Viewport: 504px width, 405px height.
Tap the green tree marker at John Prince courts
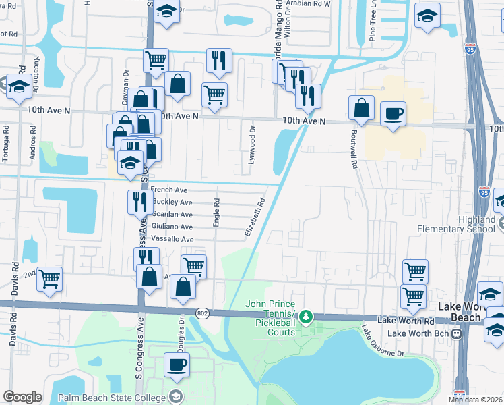point(307,316)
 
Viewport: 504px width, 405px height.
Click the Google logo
point(22,397)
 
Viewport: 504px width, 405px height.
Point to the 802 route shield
point(202,313)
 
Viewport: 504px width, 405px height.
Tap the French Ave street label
point(169,190)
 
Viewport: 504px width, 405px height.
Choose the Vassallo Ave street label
point(172,239)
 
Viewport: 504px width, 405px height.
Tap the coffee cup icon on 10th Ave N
point(393,113)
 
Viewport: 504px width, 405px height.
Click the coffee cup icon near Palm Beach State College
point(177,364)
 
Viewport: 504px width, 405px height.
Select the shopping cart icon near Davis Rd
point(49,277)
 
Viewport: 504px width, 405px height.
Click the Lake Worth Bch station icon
point(457,333)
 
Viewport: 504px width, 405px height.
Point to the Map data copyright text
point(475,400)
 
